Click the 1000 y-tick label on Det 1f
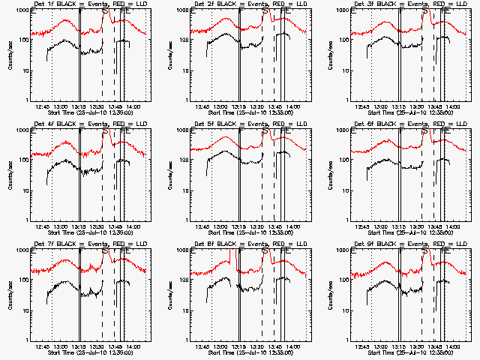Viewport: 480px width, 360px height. [22, 10]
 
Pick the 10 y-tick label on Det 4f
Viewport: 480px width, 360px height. [25, 190]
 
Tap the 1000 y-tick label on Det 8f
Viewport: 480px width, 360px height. [181, 250]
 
